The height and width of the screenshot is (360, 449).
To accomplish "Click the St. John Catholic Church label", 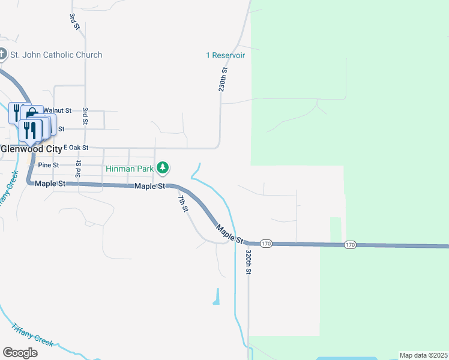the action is (56, 55).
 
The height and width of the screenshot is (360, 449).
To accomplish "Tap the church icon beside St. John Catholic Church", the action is (2, 55).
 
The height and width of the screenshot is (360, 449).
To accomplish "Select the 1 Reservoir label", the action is (225, 55).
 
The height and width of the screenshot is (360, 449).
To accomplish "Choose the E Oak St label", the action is (76, 147).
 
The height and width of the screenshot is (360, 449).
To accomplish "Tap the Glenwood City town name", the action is (31, 148).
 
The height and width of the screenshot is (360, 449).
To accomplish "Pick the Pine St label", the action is (48, 164).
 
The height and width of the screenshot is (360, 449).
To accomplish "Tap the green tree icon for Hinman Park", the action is (162, 168).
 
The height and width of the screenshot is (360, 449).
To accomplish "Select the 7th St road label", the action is (184, 203).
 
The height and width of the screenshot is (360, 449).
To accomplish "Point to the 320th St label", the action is (248, 262).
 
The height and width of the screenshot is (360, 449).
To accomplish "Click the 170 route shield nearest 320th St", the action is (267, 244).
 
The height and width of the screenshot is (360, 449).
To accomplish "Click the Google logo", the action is (20, 353).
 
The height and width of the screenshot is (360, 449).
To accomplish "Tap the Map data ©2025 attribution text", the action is (423, 355).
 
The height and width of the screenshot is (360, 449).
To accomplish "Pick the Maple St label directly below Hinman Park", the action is (149, 187).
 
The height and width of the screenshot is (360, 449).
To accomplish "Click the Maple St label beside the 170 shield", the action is (230, 233).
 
